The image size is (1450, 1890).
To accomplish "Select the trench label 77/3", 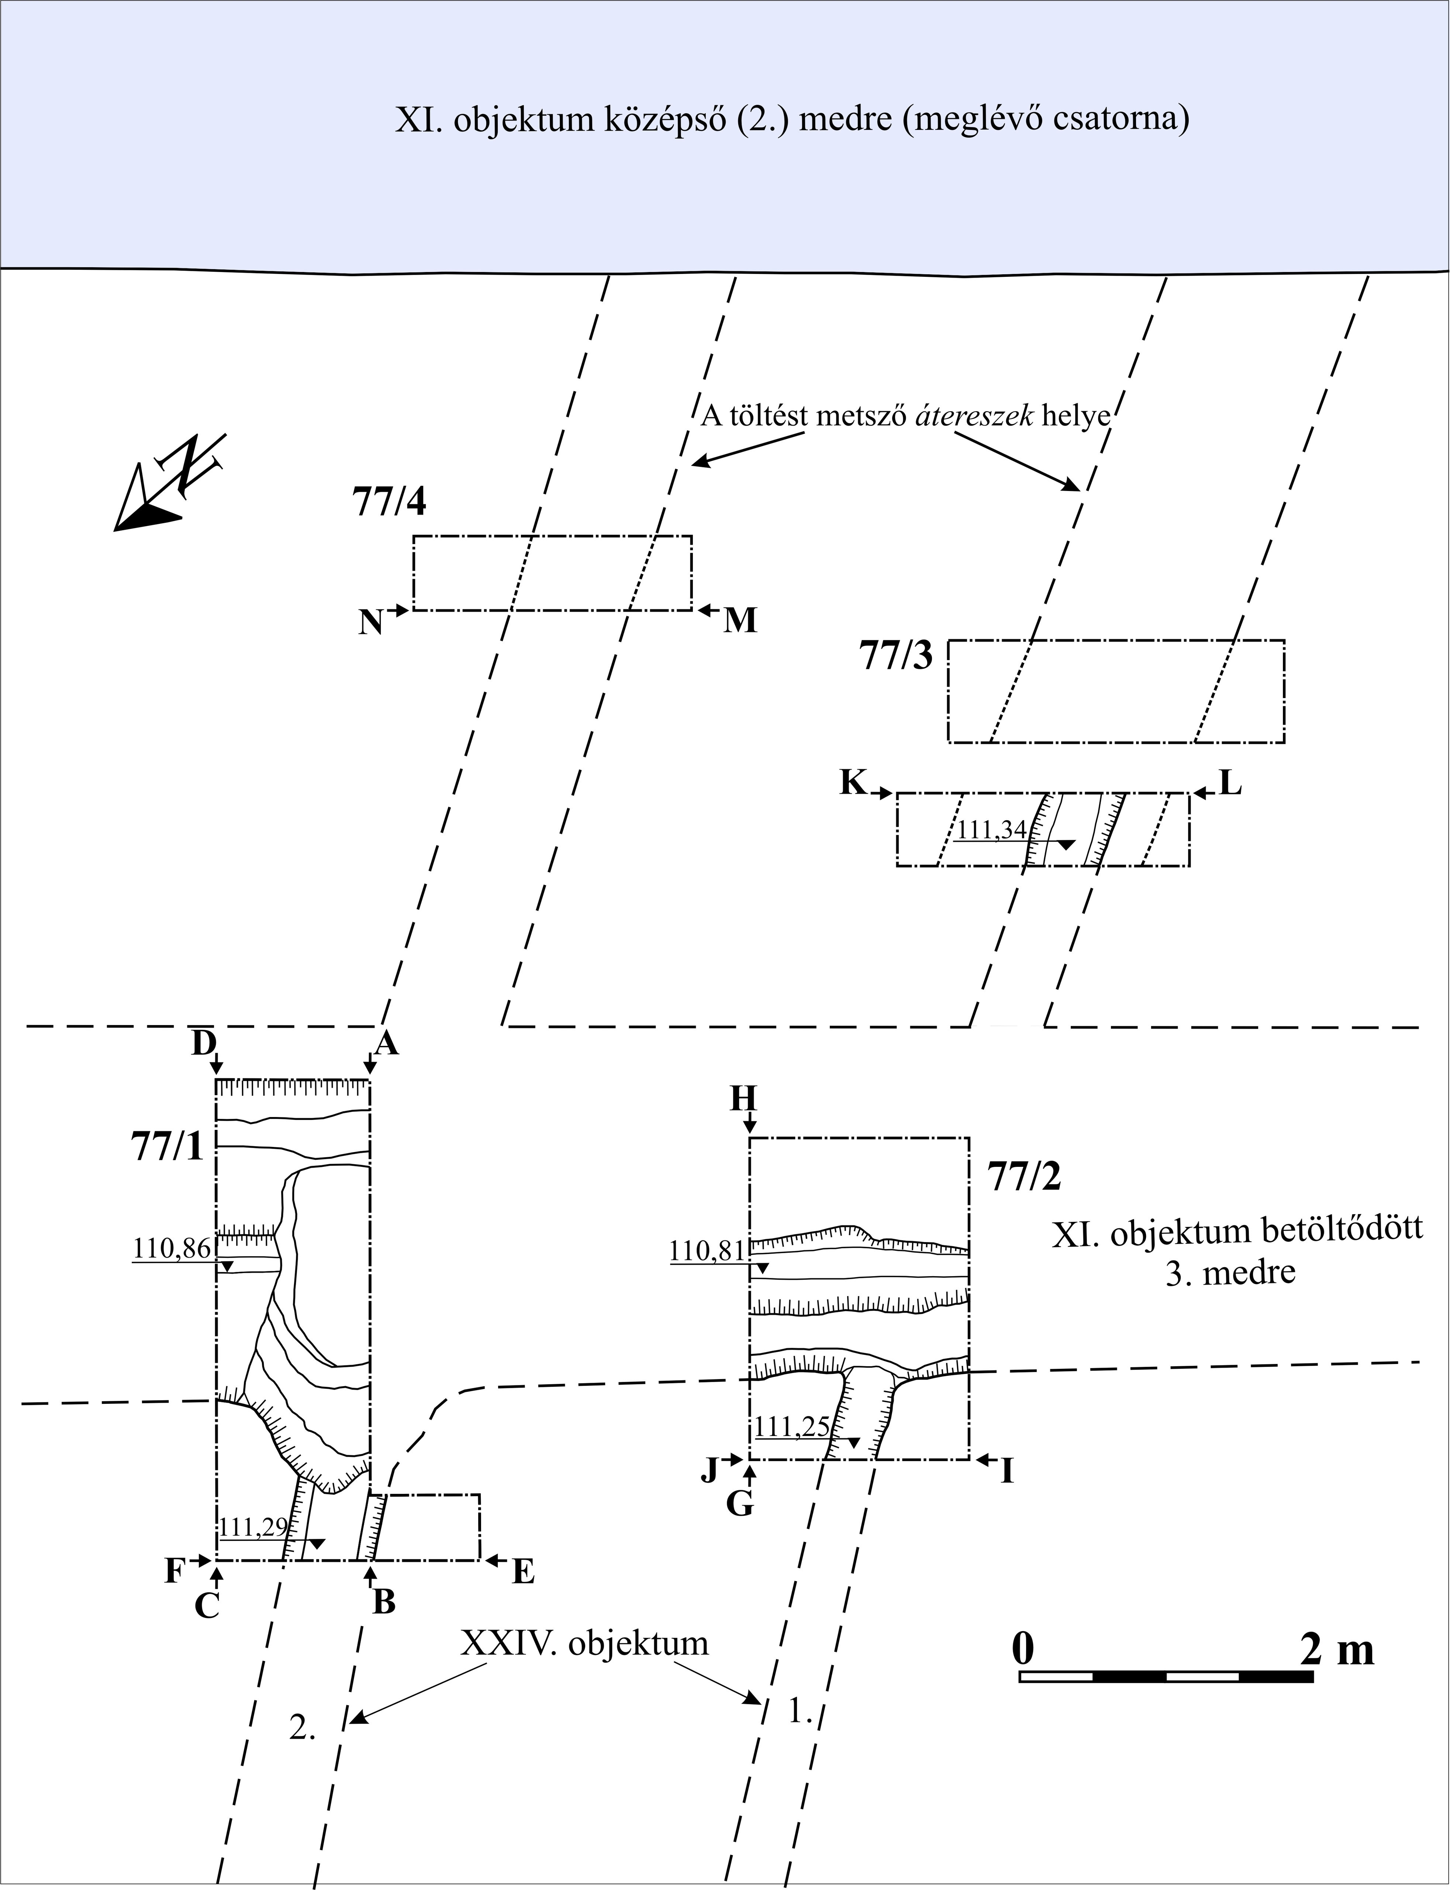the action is coord(896,657).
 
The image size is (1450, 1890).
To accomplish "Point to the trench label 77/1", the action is coord(168,1147).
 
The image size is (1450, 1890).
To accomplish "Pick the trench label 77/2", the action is coord(1025,1176).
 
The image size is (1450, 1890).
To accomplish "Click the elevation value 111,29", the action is coord(253,1528).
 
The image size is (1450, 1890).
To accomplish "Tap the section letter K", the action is coord(853,782).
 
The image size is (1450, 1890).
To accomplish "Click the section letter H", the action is coord(743,1099).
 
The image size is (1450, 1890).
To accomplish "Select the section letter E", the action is coord(523,1572).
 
